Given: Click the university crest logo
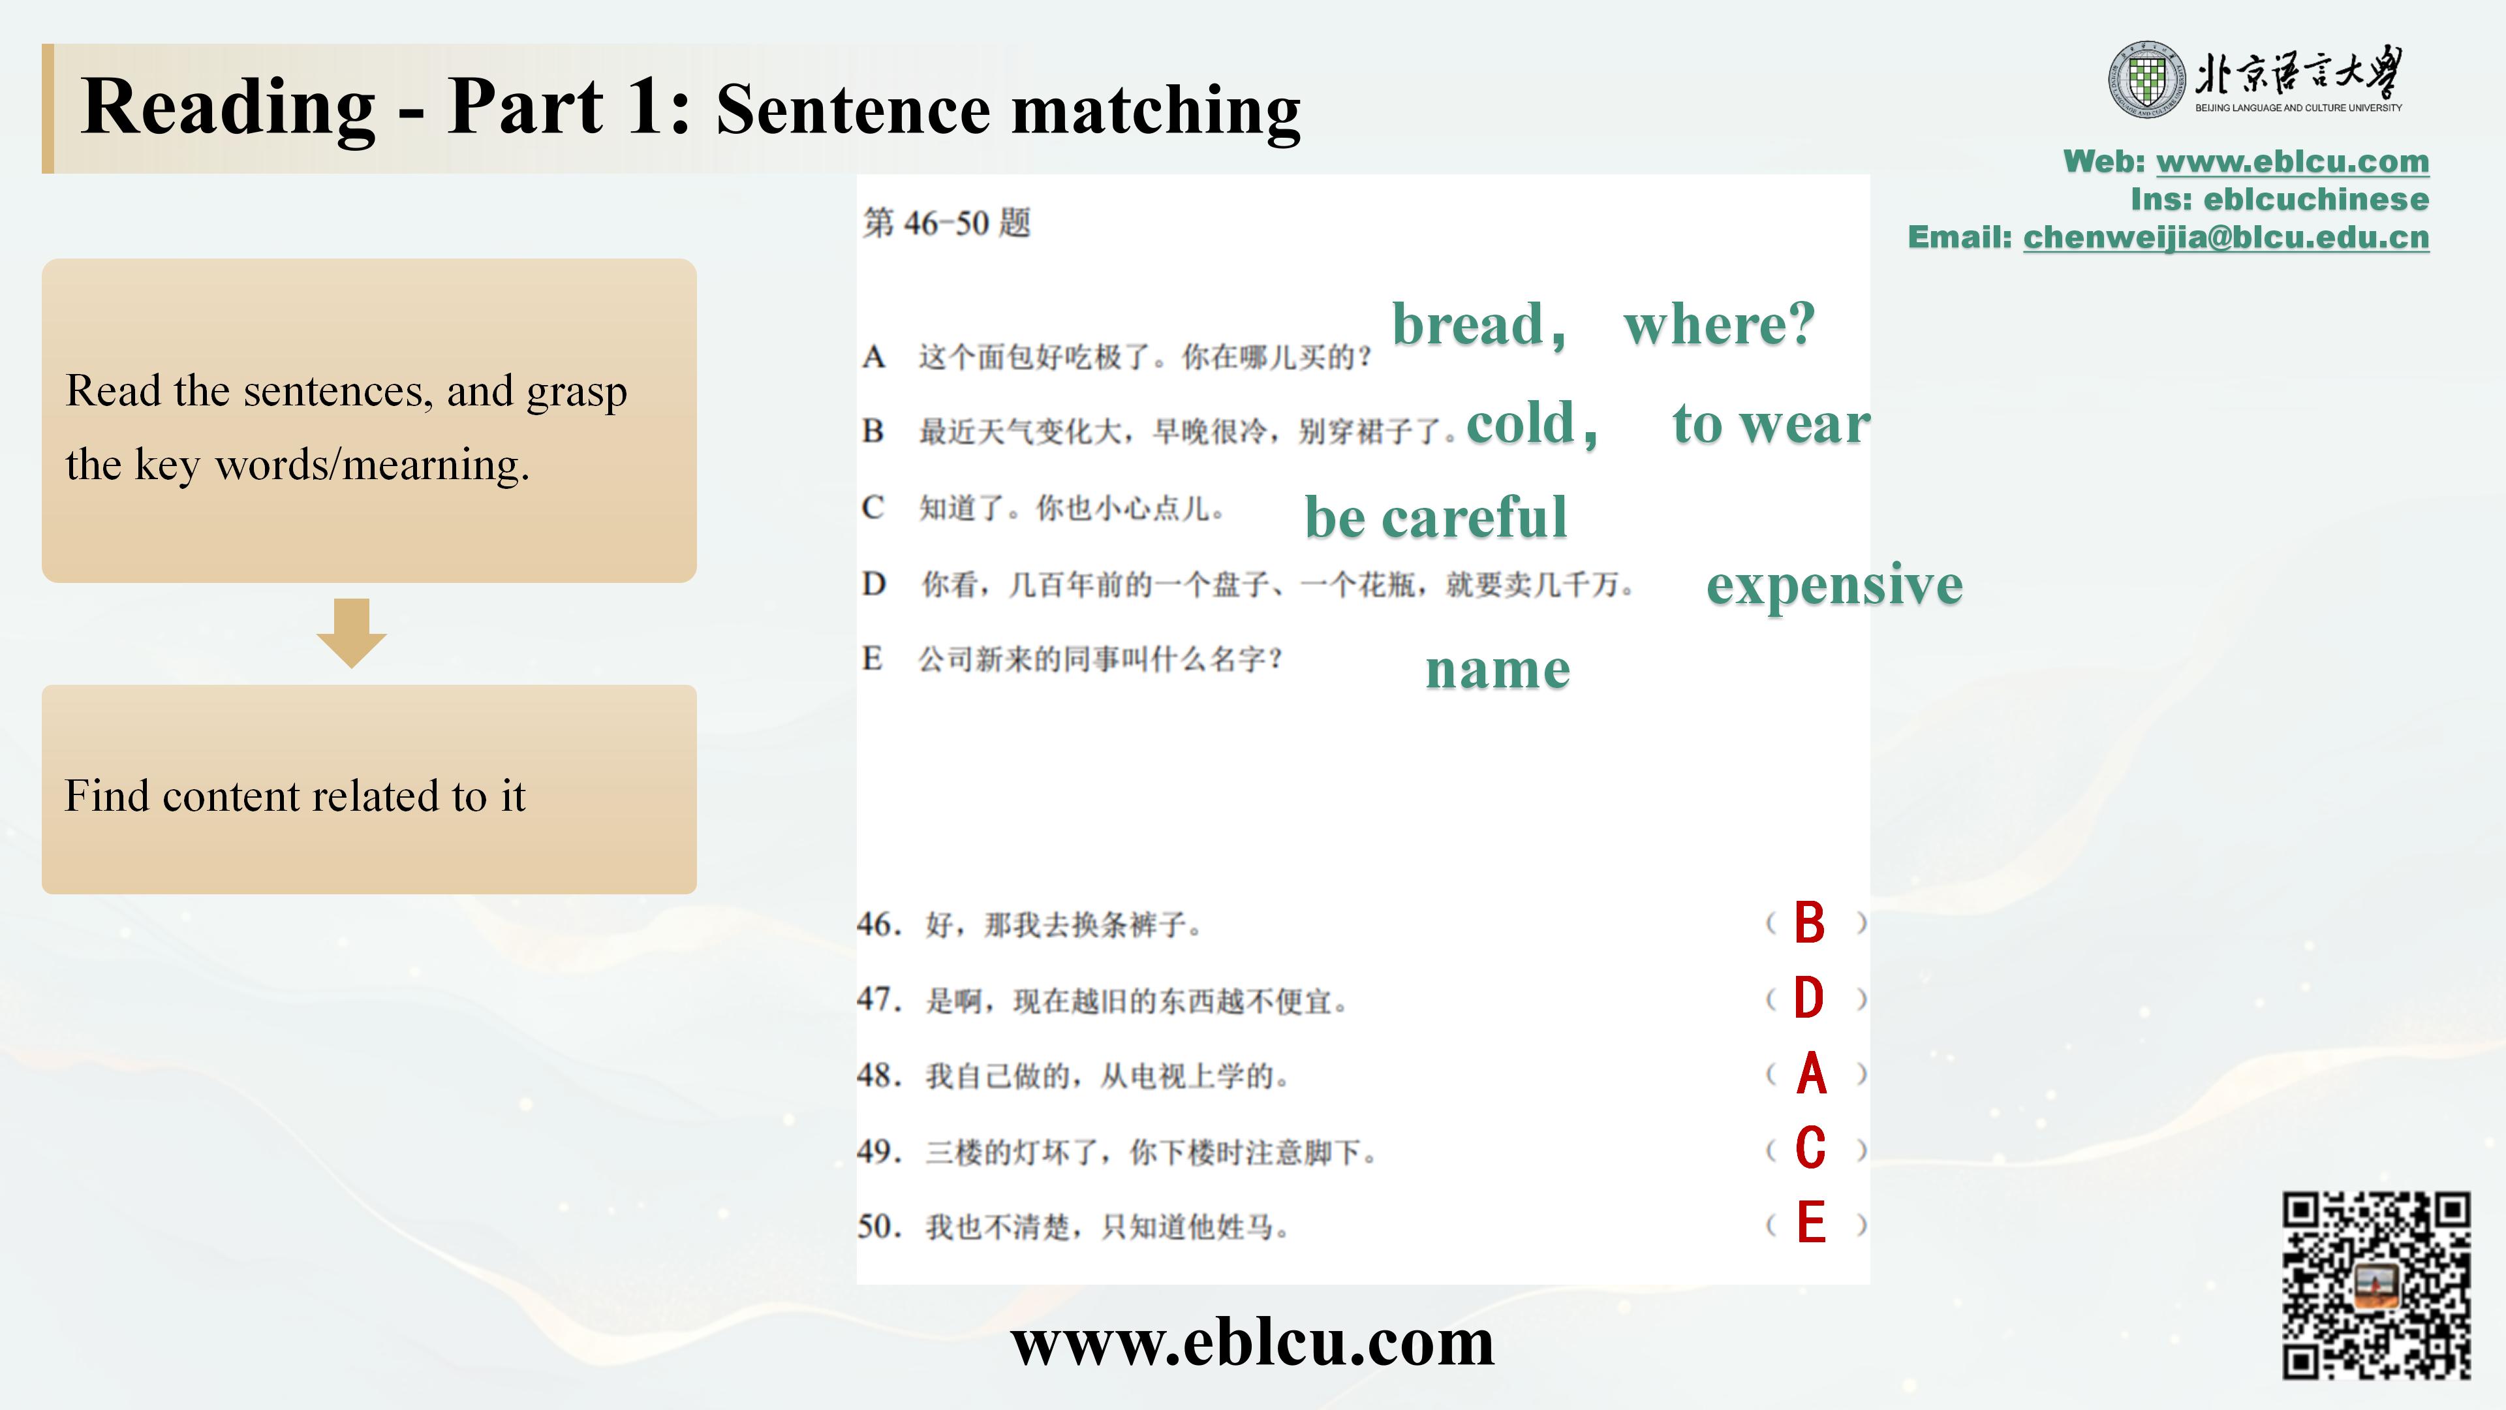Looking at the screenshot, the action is (x=2147, y=80).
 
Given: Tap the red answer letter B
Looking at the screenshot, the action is (x=1810, y=922).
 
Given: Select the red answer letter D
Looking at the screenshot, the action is (x=1810, y=998).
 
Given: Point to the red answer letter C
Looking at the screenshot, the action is (x=1810, y=1149).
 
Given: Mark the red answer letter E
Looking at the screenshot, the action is (x=1810, y=1223).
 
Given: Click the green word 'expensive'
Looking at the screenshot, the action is (x=1834, y=586).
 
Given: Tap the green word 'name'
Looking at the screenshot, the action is (x=1498, y=670).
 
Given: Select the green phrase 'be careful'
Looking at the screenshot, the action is (x=1436, y=517).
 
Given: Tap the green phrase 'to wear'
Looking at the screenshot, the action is (x=1772, y=424).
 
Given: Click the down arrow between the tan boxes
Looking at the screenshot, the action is (x=351, y=633).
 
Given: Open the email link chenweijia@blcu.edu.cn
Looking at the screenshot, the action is (x=2226, y=238).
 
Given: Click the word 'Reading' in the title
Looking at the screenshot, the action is (x=228, y=108).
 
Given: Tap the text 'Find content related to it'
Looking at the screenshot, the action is (x=295, y=796).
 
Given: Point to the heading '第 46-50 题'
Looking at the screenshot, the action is (x=946, y=223).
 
